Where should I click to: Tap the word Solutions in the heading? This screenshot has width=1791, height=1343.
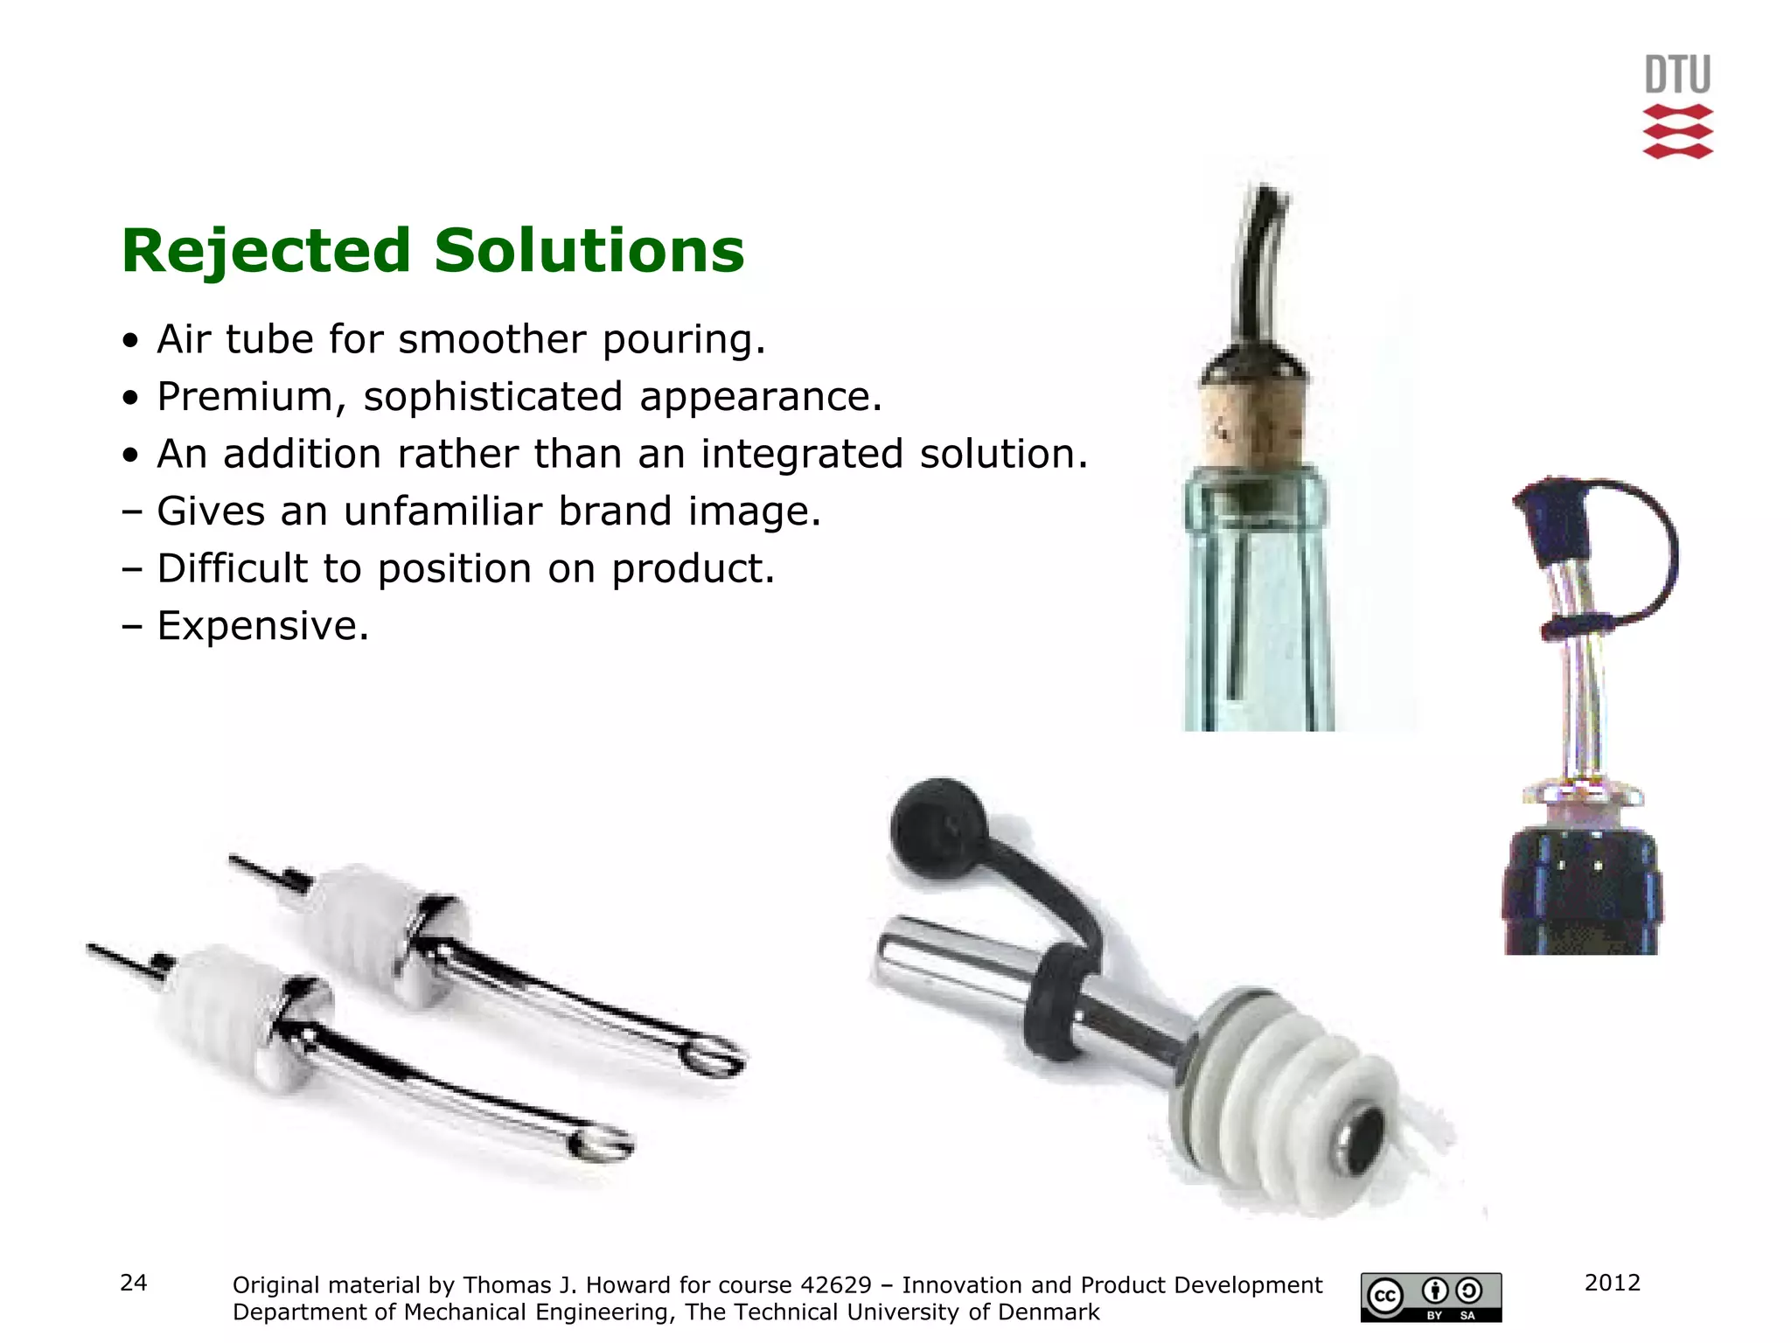589,251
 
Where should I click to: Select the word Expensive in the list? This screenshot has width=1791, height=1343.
262,626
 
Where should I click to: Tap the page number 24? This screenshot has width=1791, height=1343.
134,1283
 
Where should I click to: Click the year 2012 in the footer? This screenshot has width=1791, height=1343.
1612,1283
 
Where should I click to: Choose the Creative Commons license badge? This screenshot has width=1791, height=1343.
1431,1297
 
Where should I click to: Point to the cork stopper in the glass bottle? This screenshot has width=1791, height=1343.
1252,424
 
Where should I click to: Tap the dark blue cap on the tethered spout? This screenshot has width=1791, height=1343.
1554,520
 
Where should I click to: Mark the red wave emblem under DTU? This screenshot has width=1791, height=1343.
1677,132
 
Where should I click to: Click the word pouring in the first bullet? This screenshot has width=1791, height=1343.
683,340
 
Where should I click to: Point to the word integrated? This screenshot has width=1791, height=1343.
802,455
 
